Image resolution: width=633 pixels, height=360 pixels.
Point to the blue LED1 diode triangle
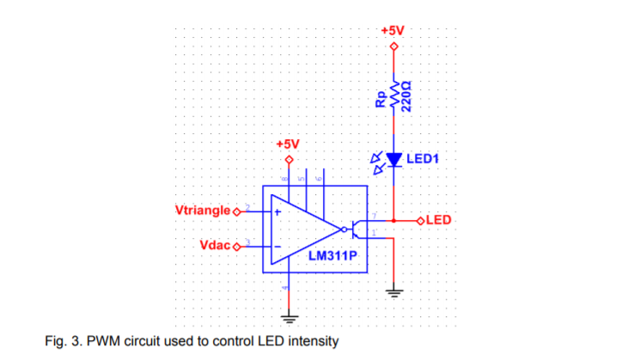[x=394, y=159]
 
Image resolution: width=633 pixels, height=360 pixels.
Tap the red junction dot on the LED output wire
[x=394, y=220]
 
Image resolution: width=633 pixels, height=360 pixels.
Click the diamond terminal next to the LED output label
[x=420, y=220]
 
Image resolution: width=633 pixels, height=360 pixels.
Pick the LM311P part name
[x=332, y=255]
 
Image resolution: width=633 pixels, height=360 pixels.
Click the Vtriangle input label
[x=203, y=210]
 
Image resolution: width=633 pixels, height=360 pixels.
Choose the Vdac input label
[x=215, y=245]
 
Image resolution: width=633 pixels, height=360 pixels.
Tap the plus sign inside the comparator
[x=277, y=211]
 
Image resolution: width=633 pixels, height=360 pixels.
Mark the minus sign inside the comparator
[x=277, y=246]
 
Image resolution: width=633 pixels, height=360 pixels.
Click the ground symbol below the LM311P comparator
[x=289, y=317]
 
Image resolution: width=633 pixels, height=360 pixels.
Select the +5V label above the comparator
[x=288, y=142]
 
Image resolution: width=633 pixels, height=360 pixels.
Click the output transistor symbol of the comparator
[x=356, y=229]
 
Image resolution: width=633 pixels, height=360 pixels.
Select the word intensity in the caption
[x=309, y=341]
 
